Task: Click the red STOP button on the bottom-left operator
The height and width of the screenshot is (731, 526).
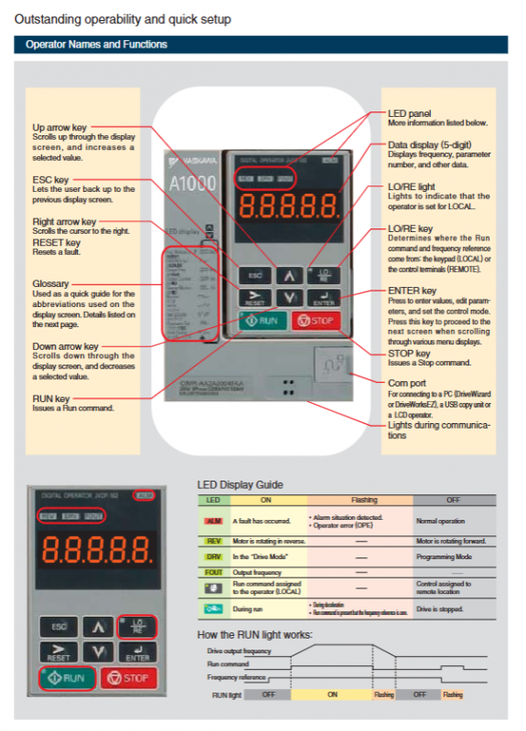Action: (x=129, y=677)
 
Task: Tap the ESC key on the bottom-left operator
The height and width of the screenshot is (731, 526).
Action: (x=58, y=627)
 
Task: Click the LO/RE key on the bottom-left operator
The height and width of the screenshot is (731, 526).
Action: (x=137, y=625)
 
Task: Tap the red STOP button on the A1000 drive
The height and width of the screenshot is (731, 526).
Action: (x=314, y=321)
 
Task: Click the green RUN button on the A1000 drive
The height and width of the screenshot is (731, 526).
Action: (x=262, y=321)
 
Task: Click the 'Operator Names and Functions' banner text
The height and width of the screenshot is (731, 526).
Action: (x=96, y=44)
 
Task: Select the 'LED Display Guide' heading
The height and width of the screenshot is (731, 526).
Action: (x=240, y=484)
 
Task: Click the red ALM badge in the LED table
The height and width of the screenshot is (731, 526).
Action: (x=213, y=520)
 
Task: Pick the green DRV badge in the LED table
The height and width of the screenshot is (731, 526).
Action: (x=213, y=556)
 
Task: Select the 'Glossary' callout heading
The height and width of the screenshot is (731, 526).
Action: (x=50, y=284)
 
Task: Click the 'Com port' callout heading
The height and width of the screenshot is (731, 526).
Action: (x=408, y=381)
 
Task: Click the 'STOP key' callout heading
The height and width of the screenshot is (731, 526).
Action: (x=409, y=353)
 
